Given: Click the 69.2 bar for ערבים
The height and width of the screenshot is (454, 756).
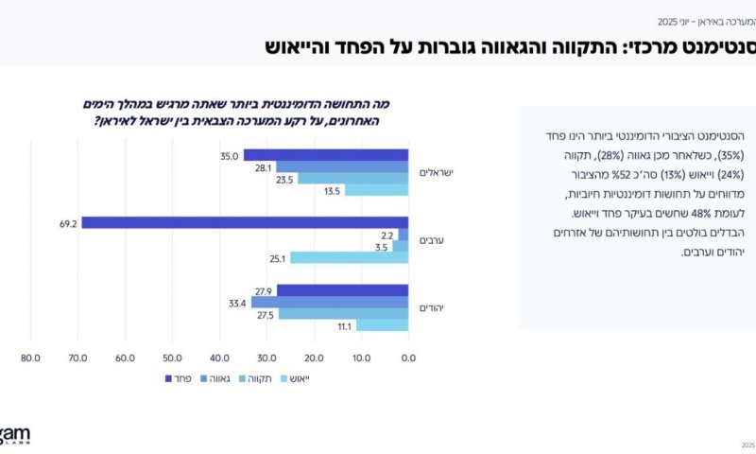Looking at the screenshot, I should [245, 222].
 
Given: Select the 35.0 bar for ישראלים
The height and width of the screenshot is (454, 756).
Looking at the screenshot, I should [326, 155].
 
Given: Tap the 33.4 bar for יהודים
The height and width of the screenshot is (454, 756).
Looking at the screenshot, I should [330, 303].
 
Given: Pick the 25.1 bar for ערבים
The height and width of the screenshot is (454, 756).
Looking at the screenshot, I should [349, 257].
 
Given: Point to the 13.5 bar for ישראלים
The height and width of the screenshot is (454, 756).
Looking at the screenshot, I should [376, 189].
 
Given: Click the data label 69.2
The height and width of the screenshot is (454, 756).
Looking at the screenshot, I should [67, 223].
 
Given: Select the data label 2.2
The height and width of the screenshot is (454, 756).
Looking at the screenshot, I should [386, 235].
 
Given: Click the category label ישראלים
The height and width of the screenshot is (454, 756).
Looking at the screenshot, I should [438, 172].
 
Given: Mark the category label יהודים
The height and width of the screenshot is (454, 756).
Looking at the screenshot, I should [435, 308].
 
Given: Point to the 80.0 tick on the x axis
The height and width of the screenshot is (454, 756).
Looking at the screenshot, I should [30, 358].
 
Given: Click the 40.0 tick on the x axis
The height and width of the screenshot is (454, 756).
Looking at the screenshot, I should [219, 358].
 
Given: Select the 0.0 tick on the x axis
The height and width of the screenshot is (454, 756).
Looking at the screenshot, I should [408, 358].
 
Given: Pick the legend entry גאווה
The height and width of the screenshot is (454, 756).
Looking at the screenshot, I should [226, 379].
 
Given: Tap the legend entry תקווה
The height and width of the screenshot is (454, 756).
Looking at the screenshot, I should [269, 379].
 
